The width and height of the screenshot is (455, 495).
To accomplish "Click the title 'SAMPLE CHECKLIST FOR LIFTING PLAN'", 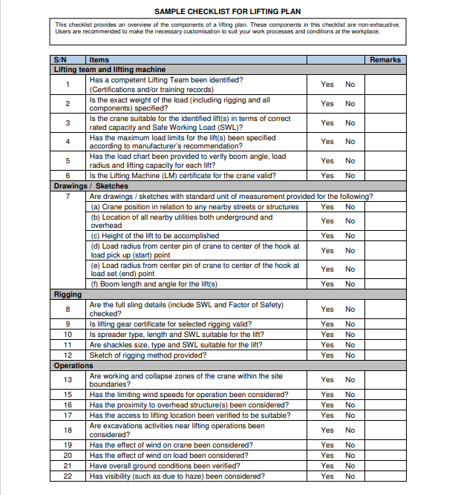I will click(227, 11).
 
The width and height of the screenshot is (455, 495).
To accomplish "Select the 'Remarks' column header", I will click(385, 59).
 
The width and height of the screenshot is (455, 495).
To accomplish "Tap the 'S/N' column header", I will click(61, 59).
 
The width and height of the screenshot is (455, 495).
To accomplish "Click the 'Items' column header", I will click(99, 59).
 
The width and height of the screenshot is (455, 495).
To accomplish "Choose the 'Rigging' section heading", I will click(68, 295).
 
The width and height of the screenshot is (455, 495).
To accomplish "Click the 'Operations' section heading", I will click(73, 366).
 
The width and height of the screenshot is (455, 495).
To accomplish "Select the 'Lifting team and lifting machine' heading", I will click(110, 69).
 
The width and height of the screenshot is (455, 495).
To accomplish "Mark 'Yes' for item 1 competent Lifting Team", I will click(327, 85).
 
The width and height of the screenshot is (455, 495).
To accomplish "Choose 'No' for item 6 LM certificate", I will click(350, 176).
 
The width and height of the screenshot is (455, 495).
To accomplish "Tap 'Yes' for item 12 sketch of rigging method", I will click(327, 355).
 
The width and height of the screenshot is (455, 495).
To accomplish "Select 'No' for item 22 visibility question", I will click(350, 476).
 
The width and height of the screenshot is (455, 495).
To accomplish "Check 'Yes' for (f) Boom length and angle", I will click(327, 284).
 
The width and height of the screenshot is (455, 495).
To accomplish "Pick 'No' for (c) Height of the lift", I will click(350, 236).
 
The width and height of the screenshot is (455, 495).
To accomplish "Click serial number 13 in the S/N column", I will click(68, 380).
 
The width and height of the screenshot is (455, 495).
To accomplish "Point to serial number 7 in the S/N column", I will click(68, 197).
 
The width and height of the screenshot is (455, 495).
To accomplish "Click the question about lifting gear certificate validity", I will click(170, 324).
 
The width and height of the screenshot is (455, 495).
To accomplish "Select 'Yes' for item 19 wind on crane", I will click(327, 445).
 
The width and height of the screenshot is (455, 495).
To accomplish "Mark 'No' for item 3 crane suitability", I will click(350, 122).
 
